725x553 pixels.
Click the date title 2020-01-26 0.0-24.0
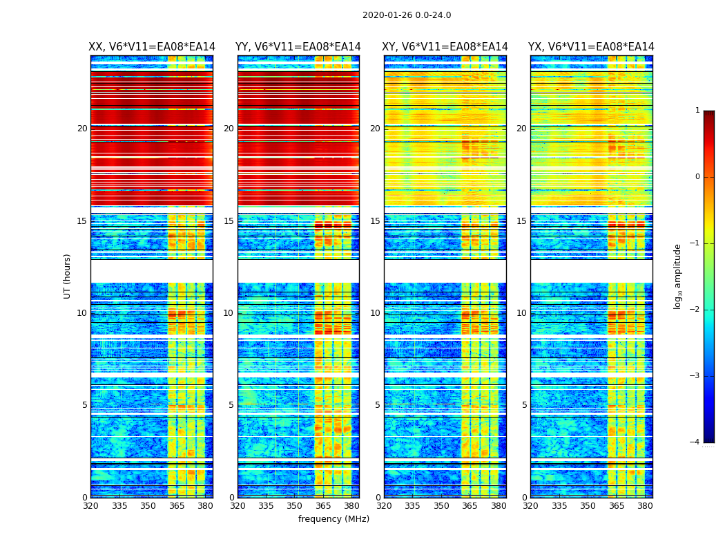(407, 15)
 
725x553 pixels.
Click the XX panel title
(152, 47)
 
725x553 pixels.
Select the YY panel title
(298, 47)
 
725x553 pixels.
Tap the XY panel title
(445, 47)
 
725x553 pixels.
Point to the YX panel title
(591, 47)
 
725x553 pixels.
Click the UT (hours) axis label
(68, 276)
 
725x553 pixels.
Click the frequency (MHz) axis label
(333, 519)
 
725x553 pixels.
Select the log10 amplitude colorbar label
(678, 276)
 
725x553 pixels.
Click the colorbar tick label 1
(697, 111)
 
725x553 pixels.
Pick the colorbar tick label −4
(695, 442)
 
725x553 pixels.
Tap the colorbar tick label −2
(695, 310)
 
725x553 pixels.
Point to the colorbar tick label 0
(697, 177)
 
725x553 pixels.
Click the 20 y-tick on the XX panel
(82, 129)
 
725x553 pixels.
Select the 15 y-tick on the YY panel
(229, 221)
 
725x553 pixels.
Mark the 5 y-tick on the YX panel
(524, 405)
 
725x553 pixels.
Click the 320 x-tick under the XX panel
(90, 506)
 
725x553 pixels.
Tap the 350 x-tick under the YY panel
(295, 506)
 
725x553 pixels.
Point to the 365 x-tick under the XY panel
(470, 506)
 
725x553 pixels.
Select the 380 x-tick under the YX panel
(645, 506)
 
